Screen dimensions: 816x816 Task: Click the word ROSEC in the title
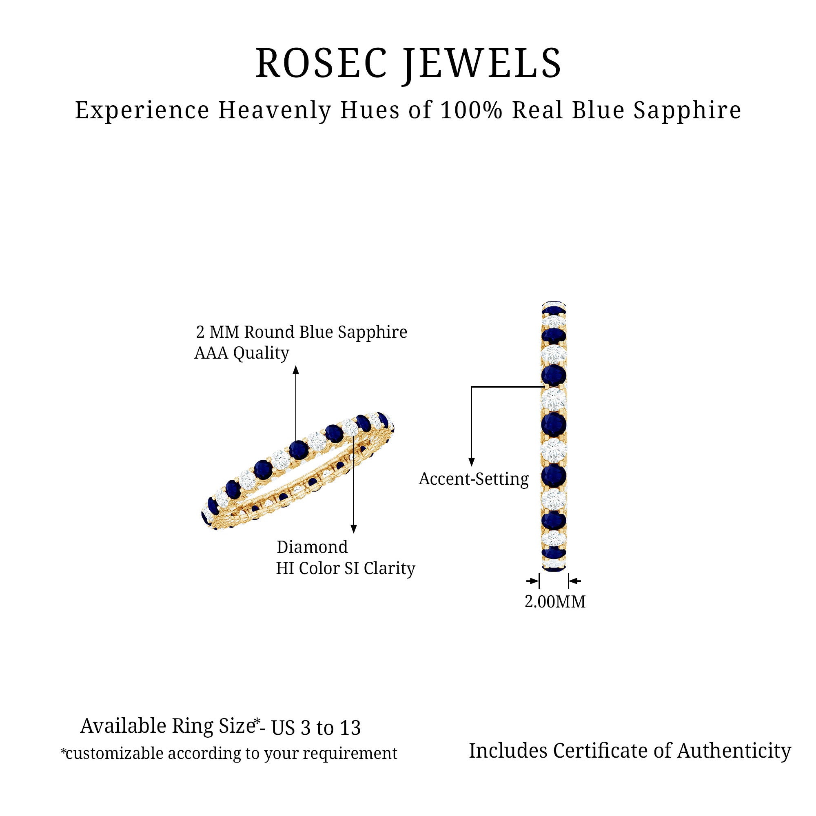coord(321,63)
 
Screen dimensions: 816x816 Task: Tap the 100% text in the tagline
coord(471,111)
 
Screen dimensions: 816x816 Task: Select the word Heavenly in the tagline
coord(275,111)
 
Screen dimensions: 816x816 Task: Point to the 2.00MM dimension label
coord(555,602)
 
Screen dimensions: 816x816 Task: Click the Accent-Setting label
coord(473,479)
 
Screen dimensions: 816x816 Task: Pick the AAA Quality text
coord(242,353)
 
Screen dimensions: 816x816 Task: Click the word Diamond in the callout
coord(312,547)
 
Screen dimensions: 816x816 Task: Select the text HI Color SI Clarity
coord(346,568)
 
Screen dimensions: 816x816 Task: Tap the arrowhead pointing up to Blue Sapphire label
coord(296,370)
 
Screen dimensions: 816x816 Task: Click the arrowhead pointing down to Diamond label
coord(354,529)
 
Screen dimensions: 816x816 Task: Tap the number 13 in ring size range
coord(350,728)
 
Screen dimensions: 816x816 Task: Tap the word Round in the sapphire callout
coord(269,332)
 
